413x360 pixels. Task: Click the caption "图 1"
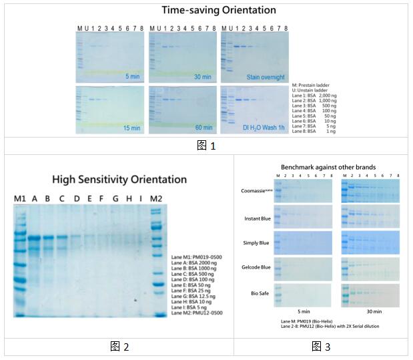pyautogui.click(x=206, y=146)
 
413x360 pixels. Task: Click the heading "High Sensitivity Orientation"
pyautogui.click(x=119, y=180)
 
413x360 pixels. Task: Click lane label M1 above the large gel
pyautogui.click(x=20, y=199)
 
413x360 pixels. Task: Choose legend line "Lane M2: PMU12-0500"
pyautogui.click(x=197, y=313)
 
